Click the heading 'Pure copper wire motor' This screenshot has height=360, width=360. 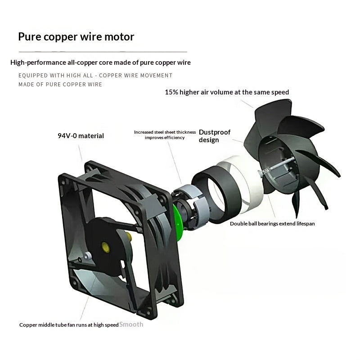[76, 37]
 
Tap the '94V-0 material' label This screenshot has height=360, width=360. [81, 136]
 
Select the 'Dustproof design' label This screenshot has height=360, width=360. [215, 136]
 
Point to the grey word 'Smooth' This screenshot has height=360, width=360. [131, 324]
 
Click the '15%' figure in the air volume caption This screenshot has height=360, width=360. [171, 92]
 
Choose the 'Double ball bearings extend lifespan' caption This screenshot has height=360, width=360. [272, 224]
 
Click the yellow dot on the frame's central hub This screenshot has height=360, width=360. [106, 247]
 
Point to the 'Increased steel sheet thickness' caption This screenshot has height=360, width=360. [165, 132]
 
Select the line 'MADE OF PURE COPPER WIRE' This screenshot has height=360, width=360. [60, 85]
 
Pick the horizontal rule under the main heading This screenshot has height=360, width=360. [103, 52]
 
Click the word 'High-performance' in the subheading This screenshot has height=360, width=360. [38, 63]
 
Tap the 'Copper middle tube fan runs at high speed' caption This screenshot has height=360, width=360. [69, 325]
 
